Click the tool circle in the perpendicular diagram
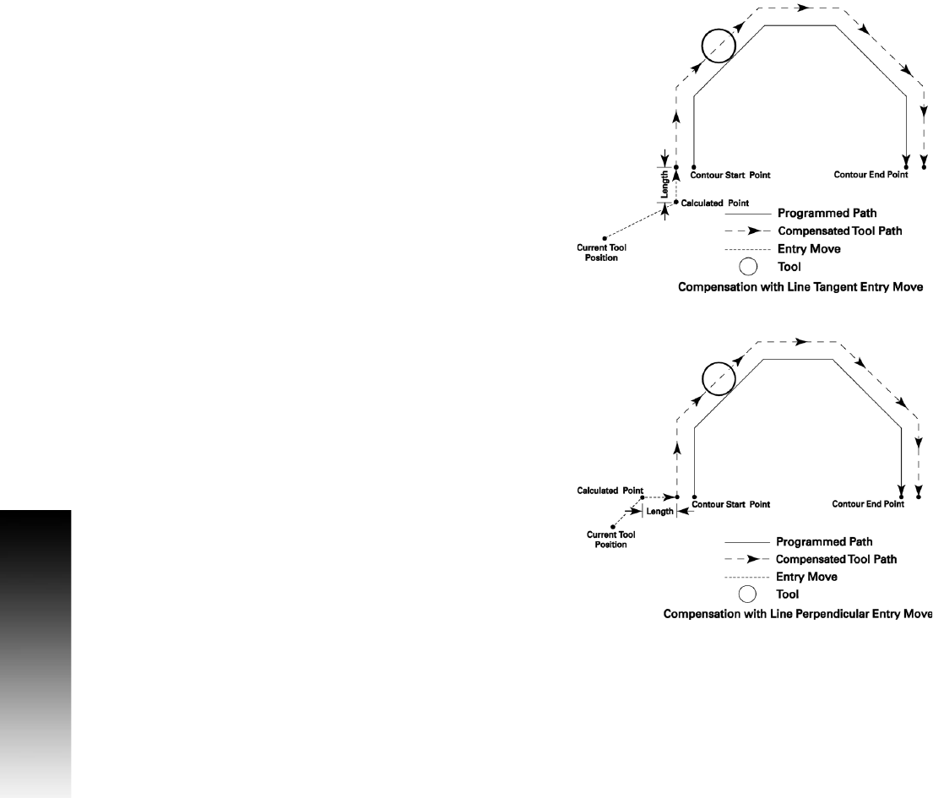(x=719, y=377)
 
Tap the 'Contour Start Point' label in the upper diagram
(x=730, y=176)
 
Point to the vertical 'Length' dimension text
(x=665, y=184)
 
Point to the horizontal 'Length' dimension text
(x=659, y=511)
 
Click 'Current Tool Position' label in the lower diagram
(x=610, y=540)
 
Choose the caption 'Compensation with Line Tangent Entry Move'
(x=800, y=287)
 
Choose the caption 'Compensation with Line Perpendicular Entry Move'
(x=798, y=614)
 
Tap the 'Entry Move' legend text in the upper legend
(x=809, y=249)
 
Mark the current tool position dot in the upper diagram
(x=605, y=238)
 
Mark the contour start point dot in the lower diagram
(x=693, y=497)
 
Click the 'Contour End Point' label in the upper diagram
(x=871, y=176)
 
